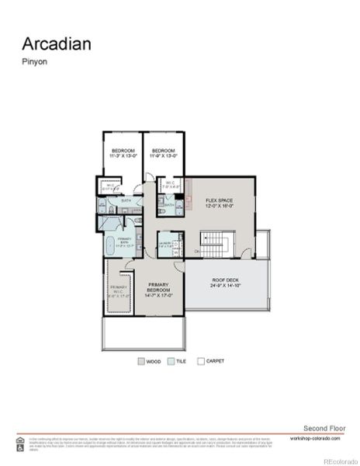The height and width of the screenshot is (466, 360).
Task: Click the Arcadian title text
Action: click(x=56, y=43)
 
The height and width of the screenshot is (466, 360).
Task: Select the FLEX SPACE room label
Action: click(x=219, y=203)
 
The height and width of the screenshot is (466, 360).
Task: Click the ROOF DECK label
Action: click(x=226, y=284)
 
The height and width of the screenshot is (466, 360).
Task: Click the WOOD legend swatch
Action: click(x=140, y=361)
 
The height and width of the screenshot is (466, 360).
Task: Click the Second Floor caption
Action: click(x=320, y=429)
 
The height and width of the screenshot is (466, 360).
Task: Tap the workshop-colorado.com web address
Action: click(x=316, y=438)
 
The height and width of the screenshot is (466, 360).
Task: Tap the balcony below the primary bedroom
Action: click(x=143, y=333)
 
